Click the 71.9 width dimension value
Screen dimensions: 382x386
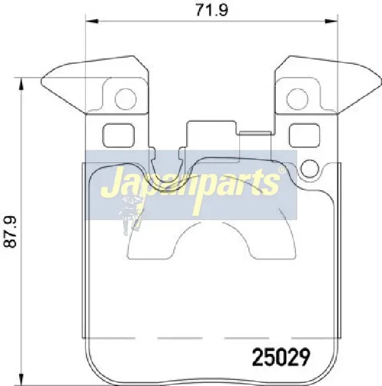coord(212,10)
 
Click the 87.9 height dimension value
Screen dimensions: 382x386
coord(10,231)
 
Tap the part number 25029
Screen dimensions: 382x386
coord(281,357)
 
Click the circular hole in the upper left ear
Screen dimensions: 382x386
coord(125,99)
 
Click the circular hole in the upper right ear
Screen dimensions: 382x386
coord(297,99)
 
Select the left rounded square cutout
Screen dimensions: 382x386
coord(118,135)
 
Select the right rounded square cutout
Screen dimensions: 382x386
coord(304,135)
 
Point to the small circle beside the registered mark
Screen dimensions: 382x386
coord(309,169)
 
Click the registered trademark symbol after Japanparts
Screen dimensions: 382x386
coord(282,169)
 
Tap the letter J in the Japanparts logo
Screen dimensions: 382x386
coord(111,181)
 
